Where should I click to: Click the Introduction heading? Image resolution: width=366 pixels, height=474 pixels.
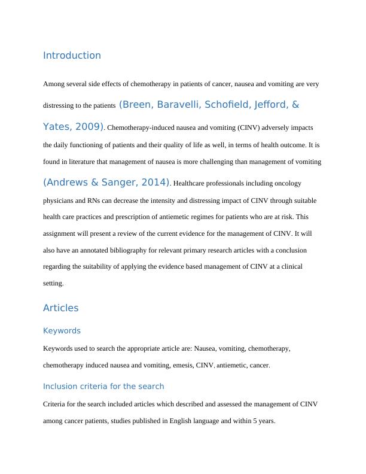tap(72, 56)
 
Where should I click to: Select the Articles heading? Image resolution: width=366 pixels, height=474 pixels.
tap(60, 308)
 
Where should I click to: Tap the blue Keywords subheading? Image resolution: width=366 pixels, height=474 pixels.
tap(62, 331)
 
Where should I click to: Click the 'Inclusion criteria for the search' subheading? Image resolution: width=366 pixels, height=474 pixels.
tap(103, 386)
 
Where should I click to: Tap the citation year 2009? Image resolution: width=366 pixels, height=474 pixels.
tap(87, 127)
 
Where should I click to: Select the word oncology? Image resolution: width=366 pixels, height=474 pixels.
tap(287, 183)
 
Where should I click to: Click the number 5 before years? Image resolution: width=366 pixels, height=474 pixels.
tap(255, 421)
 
